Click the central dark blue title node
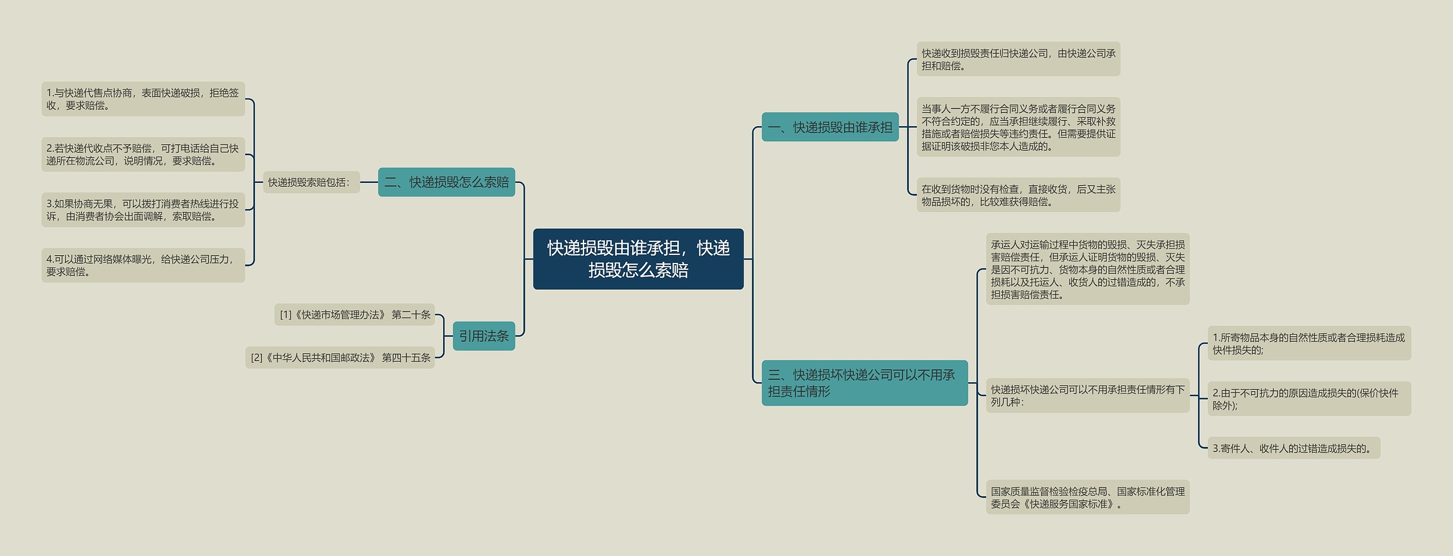638,259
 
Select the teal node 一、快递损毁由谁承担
830,127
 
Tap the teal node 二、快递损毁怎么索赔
447,182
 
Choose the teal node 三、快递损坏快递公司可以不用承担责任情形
864,383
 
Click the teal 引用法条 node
484,336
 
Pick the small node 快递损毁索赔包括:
311,182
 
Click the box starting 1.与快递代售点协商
143,99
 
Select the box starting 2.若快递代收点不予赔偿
143,154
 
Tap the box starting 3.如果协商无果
143,210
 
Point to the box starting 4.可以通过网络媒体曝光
143,265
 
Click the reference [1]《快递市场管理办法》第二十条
355,315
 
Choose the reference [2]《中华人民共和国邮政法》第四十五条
340,358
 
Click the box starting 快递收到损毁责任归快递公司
1018,59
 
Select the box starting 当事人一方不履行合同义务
1018,127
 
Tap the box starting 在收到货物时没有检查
1018,195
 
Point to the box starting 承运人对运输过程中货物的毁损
1087,269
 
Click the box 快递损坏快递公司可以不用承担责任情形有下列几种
1087,395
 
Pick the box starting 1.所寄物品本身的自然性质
1309,343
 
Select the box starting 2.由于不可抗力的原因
1309,399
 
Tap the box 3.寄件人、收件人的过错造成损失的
1294,448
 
